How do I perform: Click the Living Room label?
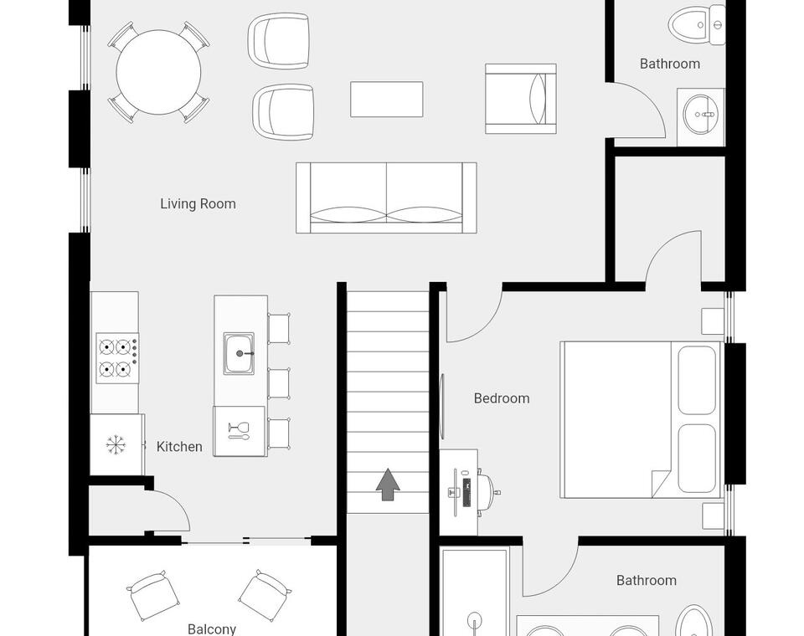(x=198, y=204)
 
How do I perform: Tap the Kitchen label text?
(x=179, y=447)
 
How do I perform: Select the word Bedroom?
(x=502, y=398)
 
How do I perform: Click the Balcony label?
(x=212, y=628)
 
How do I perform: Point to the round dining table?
(x=158, y=72)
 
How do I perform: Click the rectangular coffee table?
(x=387, y=99)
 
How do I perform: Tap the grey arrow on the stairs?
(x=388, y=485)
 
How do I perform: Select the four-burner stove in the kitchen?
(x=117, y=357)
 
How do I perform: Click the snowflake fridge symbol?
(x=116, y=445)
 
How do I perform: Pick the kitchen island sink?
(x=239, y=353)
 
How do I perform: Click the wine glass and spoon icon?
(x=239, y=430)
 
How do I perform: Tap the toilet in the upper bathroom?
(x=697, y=24)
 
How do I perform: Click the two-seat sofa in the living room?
(x=387, y=197)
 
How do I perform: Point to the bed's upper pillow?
(x=697, y=380)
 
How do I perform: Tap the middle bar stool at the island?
(x=279, y=383)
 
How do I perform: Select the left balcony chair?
(x=152, y=595)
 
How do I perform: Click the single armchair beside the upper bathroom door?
(x=521, y=99)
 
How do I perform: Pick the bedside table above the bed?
(x=713, y=321)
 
